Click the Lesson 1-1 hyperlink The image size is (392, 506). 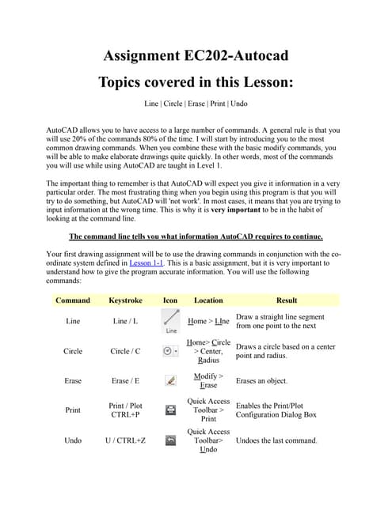pyautogui.click(x=146, y=263)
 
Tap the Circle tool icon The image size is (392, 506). pyautogui.click(x=170, y=350)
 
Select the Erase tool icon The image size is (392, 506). pyautogui.click(x=170, y=380)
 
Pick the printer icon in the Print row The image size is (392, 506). pyautogui.click(x=170, y=410)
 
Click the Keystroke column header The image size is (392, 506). pyautogui.click(x=124, y=300)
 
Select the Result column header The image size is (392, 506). pyautogui.click(x=286, y=300)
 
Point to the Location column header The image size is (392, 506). pyautogui.click(x=208, y=300)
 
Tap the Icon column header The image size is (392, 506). pyautogui.click(x=169, y=300)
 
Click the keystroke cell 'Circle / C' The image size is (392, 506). pyautogui.click(x=124, y=351)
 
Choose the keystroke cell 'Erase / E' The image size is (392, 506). pyautogui.click(x=124, y=380)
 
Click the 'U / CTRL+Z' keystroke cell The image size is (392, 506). pyautogui.click(x=124, y=440)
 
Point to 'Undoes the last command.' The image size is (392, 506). pyautogui.click(x=276, y=440)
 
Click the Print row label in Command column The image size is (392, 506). pyautogui.click(x=72, y=410)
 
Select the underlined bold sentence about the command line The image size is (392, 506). pyautogui.click(x=196, y=236)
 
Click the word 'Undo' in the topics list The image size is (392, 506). pyautogui.click(x=238, y=104)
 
